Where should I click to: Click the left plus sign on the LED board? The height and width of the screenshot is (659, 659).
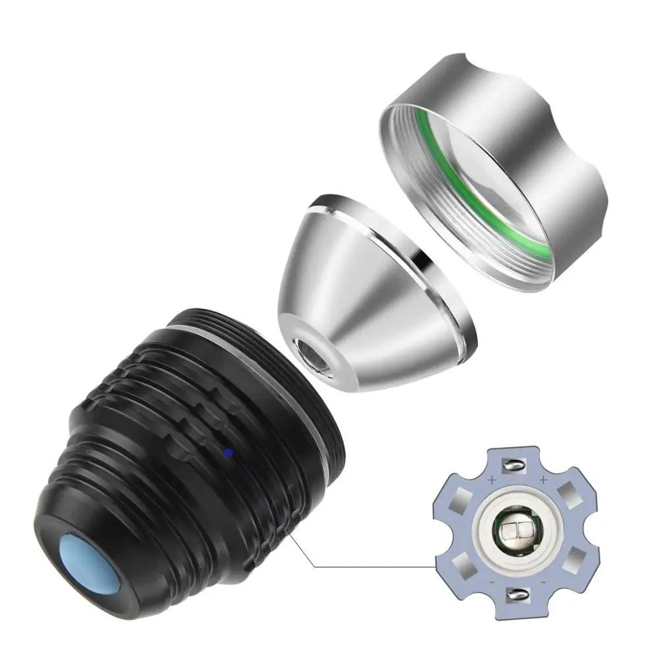[492, 482]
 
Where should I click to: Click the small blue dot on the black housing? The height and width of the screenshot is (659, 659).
[228, 452]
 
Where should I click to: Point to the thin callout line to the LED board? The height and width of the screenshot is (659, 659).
[369, 565]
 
